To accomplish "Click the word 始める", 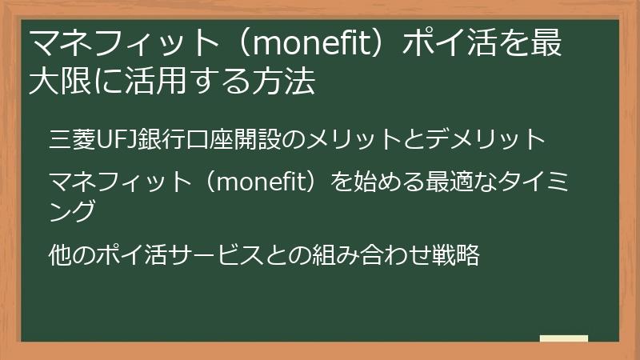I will coord(371,183).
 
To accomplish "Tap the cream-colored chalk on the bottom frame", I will coord(563,339).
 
